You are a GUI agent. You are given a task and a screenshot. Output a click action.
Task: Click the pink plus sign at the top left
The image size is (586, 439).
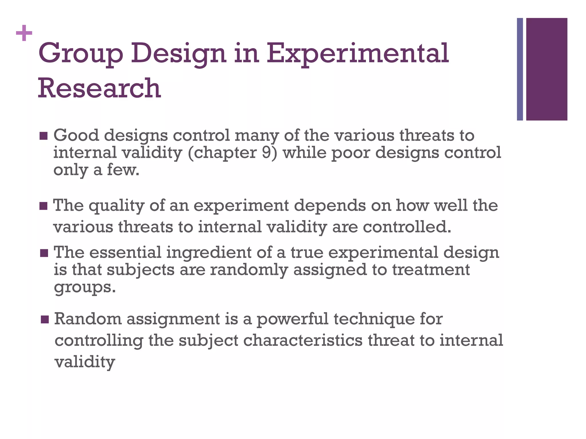click(24, 33)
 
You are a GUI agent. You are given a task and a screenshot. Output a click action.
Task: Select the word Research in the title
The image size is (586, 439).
click(99, 88)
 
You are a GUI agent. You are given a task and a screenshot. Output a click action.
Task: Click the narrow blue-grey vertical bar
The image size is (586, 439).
click(520, 69)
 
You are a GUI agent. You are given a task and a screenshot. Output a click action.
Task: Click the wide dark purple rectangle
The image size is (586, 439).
click(547, 69)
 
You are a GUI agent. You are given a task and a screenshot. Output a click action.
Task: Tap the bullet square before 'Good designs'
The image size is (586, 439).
click(43, 136)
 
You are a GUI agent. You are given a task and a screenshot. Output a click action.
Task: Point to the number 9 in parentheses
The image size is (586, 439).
click(266, 152)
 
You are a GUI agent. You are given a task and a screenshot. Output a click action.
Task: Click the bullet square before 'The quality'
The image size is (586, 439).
click(43, 206)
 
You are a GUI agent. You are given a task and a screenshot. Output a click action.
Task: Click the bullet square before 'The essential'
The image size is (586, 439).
click(44, 253)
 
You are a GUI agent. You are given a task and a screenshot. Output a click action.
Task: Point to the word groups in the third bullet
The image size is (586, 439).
click(84, 287)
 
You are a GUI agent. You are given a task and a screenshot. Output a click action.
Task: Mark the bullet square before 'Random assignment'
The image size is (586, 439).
click(45, 319)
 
